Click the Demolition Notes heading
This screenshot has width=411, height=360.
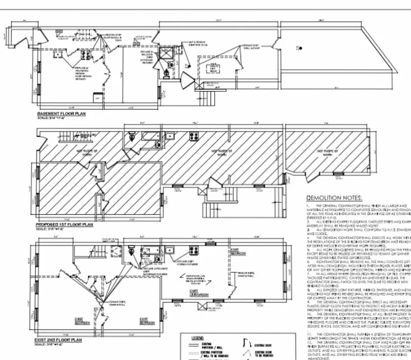(x=334, y=198)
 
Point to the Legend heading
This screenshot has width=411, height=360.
(x=197, y=338)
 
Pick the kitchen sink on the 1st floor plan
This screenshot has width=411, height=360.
(x=170, y=136)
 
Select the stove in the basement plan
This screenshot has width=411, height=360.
(x=84, y=55)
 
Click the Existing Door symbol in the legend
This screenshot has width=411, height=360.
(x=246, y=343)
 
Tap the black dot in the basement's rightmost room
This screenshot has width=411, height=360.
(x=298, y=47)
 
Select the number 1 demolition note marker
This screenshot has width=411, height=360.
(x=308, y=205)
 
